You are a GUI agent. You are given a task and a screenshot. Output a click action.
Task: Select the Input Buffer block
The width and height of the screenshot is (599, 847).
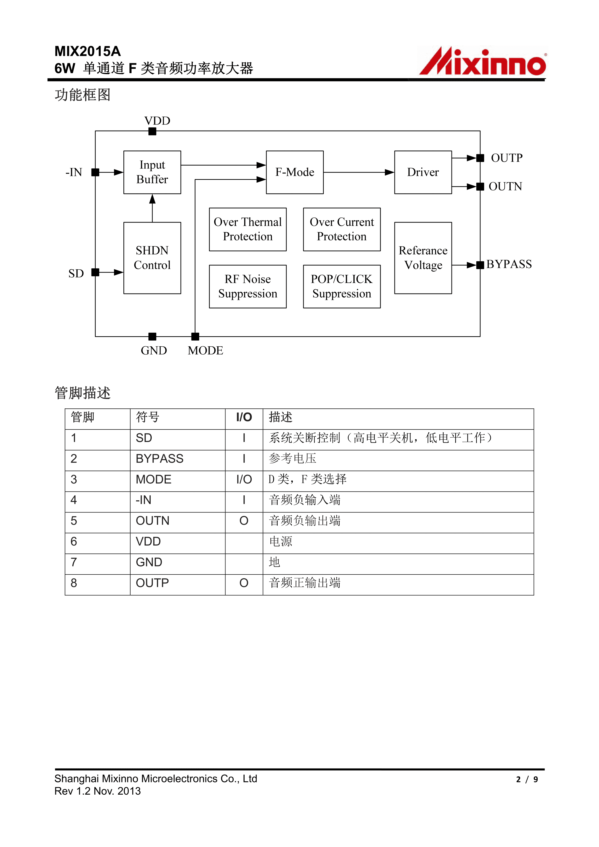click(152, 172)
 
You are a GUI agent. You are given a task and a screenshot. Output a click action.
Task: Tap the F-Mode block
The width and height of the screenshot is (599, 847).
click(295, 172)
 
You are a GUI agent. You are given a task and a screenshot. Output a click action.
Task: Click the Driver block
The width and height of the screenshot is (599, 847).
click(423, 172)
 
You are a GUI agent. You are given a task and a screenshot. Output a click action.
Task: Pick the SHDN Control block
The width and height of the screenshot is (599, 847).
click(152, 258)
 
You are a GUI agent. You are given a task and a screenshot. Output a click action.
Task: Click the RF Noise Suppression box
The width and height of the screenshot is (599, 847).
click(248, 287)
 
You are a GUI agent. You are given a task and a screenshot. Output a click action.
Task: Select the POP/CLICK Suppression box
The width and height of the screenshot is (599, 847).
click(342, 287)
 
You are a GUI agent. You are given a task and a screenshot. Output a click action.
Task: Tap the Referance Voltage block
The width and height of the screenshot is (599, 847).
click(423, 258)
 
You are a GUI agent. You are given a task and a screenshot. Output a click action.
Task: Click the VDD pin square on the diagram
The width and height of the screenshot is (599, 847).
click(152, 131)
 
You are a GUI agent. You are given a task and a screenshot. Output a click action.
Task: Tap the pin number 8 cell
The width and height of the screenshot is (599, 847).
click(74, 583)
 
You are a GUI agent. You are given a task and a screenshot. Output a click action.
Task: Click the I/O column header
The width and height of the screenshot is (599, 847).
click(244, 418)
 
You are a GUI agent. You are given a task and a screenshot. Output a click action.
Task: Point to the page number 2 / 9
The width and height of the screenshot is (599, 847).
click(527, 779)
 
